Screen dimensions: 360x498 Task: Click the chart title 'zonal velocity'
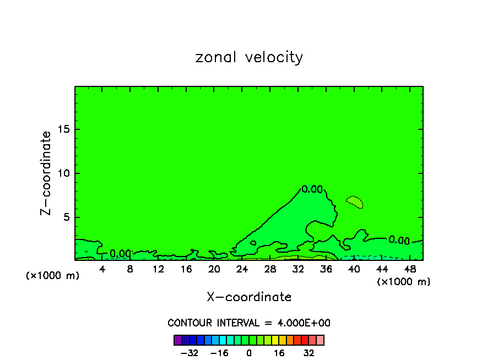pyautogui.click(x=249, y=57)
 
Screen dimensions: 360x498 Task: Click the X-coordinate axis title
pyautogui.click(x=249, y=297)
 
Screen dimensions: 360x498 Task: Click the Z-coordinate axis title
pyautogui.click(x=46, y=173)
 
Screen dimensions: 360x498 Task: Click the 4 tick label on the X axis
pyautogui.click(x=102, y=269)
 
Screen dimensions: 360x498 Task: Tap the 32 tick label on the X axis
pyautogui.click(x=298, y=269)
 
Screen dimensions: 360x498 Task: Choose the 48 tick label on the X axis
pyautogui.click(x=409, y=269)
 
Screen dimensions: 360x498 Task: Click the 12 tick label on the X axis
pyautogui.click(x=158, y=269)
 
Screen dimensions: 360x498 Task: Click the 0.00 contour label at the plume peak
pyautogui.click(x=312, y=189)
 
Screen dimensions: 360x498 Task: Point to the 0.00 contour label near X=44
pyautogui.click(x=399, y=240)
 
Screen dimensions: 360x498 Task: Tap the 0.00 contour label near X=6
pyautogui.click(x=120, y=254)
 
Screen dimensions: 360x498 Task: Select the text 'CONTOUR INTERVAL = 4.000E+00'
pyautogui.click(x=249, y=323)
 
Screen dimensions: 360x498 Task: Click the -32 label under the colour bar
pyautogui.click(x=190, y=353)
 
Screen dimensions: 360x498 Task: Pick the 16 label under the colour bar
pyautogui.click(x=280, y=353)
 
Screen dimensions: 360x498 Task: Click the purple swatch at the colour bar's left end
pyautogui.click(x=178, y=340)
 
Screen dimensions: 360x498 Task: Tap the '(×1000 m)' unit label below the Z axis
pyautogui.click(x=53, y=276)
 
